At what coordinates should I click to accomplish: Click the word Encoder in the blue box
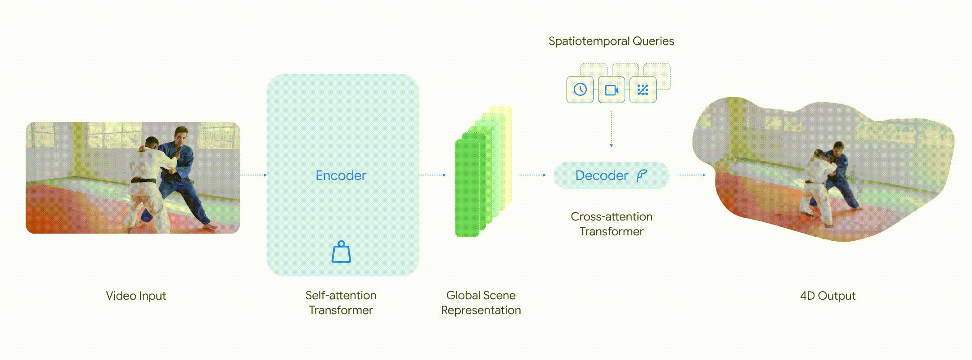341,175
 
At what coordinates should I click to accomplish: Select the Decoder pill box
611,175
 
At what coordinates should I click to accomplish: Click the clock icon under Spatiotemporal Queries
580,90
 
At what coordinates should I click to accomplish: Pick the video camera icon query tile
612,90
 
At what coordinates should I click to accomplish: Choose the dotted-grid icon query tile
643,90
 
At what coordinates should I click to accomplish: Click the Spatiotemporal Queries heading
611,41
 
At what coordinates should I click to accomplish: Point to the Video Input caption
136,296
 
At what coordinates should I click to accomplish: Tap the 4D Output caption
828,296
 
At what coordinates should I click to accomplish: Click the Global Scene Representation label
481,302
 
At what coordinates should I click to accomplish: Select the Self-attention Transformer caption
341,302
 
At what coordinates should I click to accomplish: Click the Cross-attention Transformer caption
611,224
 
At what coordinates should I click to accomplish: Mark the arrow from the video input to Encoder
254,175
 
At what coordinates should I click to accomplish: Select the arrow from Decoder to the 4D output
692,175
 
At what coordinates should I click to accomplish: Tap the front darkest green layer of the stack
467,188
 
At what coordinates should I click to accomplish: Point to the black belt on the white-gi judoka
143,181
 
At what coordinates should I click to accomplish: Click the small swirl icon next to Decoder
642,175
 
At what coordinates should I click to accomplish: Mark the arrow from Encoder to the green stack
432,175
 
